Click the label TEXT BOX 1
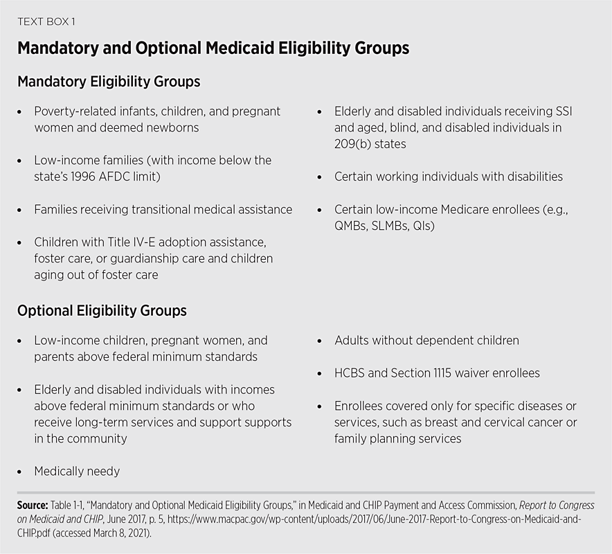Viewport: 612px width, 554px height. click(46, 21)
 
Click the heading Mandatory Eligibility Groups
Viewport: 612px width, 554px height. click(109, 82)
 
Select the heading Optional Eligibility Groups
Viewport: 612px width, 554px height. click(102, 311)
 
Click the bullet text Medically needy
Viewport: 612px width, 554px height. click(77, 472)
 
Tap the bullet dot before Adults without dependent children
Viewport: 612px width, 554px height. click(319, 341)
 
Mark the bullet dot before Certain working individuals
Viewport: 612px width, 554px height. click(319, 177)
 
